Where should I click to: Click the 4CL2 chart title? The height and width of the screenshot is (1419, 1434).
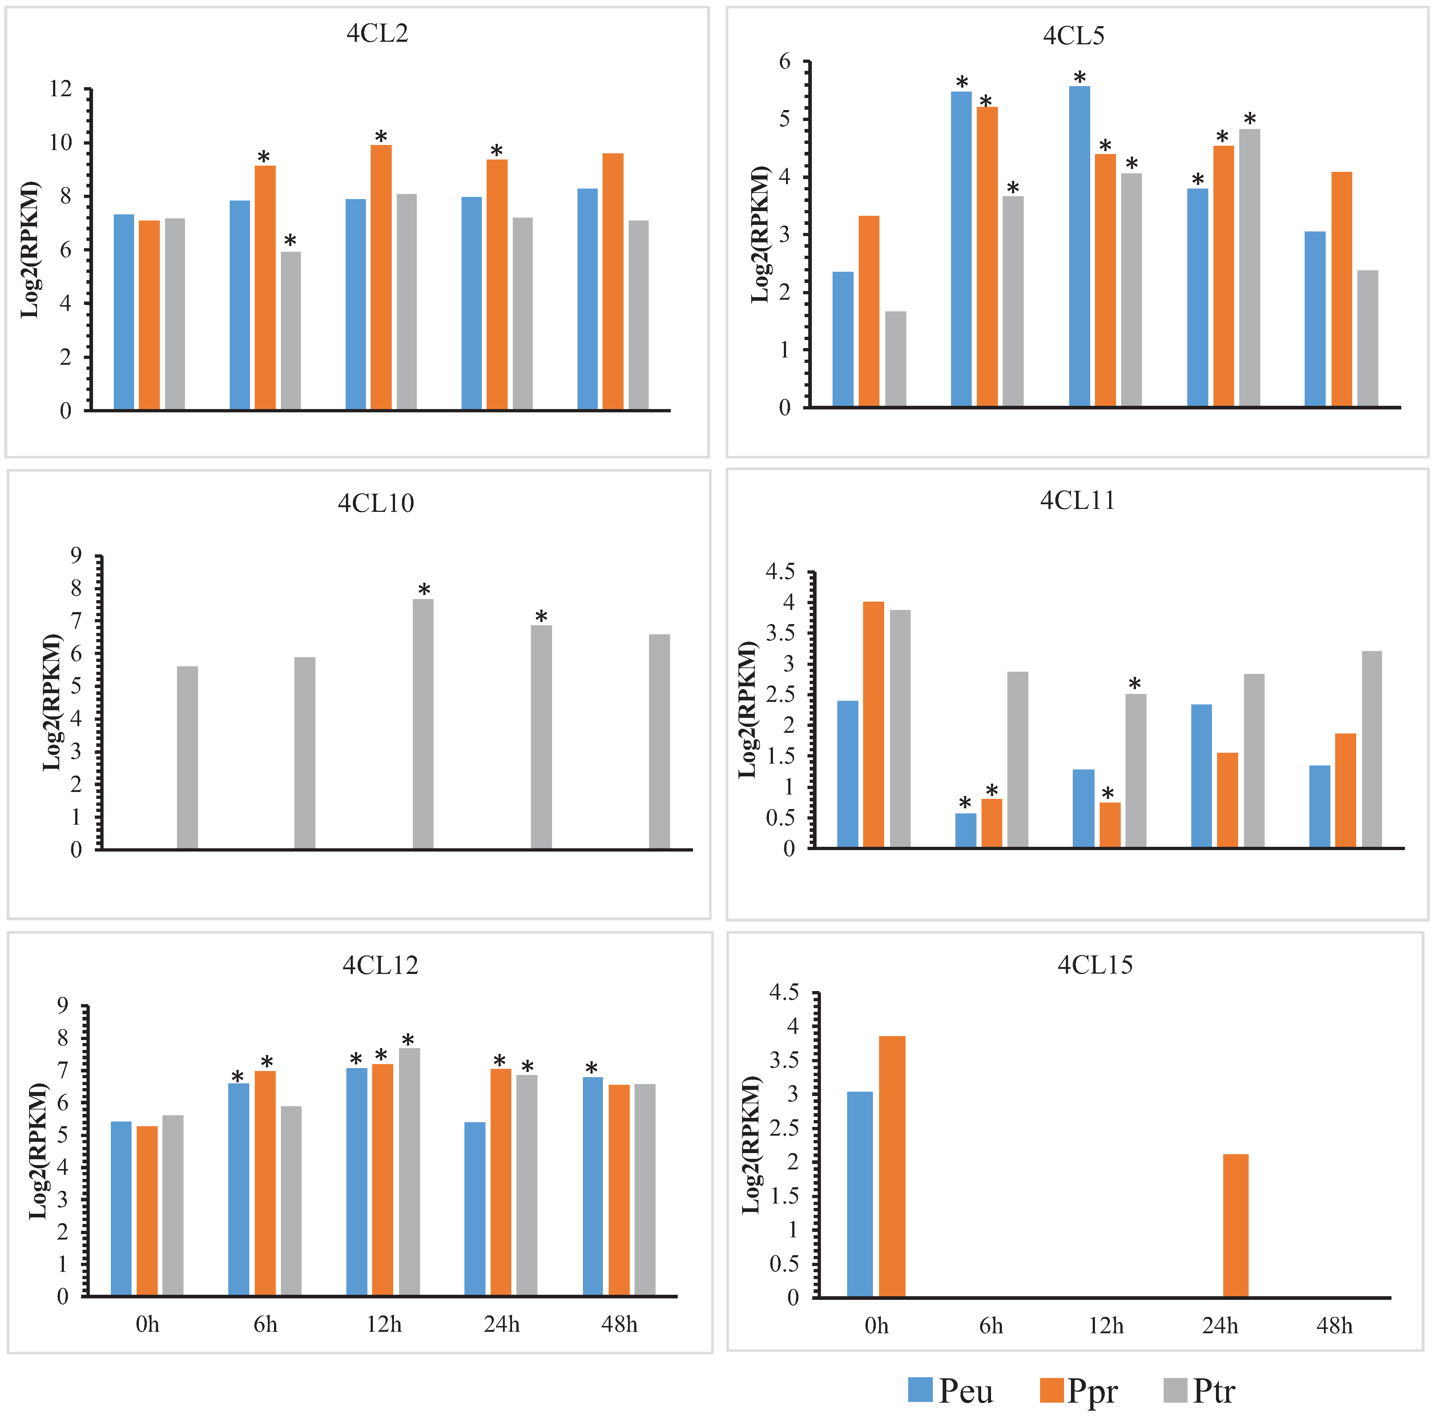click(x=377, y=33)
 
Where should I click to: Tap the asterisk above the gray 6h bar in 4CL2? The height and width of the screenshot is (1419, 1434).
click(x=290, y=240)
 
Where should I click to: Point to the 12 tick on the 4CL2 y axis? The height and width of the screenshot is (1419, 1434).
click(x=61, y=89)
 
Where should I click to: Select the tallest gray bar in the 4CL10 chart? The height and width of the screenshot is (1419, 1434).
click(x=423, y=724)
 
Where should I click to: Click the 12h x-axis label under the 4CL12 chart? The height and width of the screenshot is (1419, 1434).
click(x=384, y=1324)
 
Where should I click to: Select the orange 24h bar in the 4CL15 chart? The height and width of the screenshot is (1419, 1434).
click(x=1236, y=1226)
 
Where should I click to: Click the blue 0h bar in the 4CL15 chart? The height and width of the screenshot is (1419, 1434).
click(x=859, y=1195)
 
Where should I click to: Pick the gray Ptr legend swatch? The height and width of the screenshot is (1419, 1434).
click(x=1176, y=1390)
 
